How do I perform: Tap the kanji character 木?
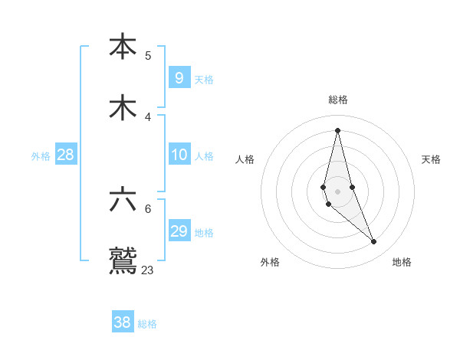pyautogui.click(x=123, y=108)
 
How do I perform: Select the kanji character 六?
pyautogui.click(x=123, y=199)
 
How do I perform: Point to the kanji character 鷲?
pyautogui.click(x=123, y=261)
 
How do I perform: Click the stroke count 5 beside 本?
pyautogui.click(x=148, y=55)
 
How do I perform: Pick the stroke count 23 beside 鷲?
pyautogui.click(x=148, y=270)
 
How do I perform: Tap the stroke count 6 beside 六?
pyautogui.click(x=148, y=208)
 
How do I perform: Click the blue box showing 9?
pyautogui.click(x=179, y=77)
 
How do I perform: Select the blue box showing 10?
pyautogui.click(x=179, y=155)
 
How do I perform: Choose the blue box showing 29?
pyautogui.click(x=179, y=231)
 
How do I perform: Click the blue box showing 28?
pyautogui.click(x=65, y=155)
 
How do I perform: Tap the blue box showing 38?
pyautogui.click(x=122, y=322)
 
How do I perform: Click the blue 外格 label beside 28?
pyautogui.click(x=41, y=156)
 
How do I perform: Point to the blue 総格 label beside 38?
pyautogui.click(x=147, y=324)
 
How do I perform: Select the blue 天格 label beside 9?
pyautogui.click(x=204, y=80)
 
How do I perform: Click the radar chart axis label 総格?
pyautogui.click(x=338, y=100)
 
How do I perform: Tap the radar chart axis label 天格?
pyautogui.click(x=432, y=159)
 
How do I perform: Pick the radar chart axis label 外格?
pyautogui.click(x=270, y=262)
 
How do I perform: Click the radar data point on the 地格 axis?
pyautogui.click(x=374, y=242)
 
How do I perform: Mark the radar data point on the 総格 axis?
pyautogui.click(x=337, y=130)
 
